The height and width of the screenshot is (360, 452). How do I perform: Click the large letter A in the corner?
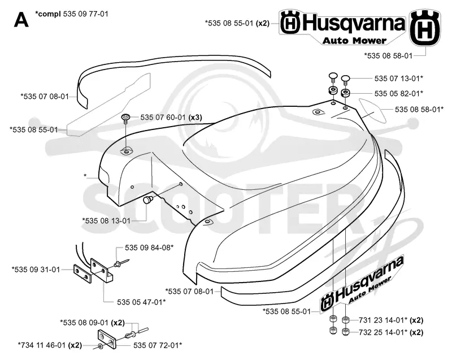click(x=21, y=20)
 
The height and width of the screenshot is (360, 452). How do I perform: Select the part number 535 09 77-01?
click(x=86, y=14)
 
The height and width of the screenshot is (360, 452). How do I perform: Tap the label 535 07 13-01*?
click(x=399, y=79)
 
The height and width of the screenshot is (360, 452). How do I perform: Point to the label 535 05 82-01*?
click(x=399, y=93)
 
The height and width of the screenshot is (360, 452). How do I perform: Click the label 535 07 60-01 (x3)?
click(x=171, y=118)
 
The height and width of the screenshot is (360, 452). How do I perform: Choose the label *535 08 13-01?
click(x=106, y=221)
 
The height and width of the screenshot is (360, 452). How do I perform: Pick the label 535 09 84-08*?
click(x=149, y=248)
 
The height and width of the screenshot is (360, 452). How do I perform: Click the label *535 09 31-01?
click(x=36, y=270)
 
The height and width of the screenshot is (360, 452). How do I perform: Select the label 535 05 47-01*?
click(x=141, y=302)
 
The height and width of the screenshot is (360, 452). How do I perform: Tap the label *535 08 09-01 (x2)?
click(x=92, y=322)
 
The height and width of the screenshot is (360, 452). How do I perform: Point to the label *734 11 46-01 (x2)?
click(x=50, y=345)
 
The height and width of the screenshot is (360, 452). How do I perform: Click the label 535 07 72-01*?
click(x=158, y=345)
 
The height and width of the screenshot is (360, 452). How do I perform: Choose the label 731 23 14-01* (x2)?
click(x=391, y=320)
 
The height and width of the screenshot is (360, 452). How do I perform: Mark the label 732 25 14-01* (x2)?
click(x=391, y=332)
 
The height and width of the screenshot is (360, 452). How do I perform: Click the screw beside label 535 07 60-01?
click(x=126, y=119)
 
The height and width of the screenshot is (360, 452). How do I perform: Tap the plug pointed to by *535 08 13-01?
click(x=149, y=199)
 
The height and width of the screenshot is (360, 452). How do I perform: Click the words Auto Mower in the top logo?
click(x=354, y=41)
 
